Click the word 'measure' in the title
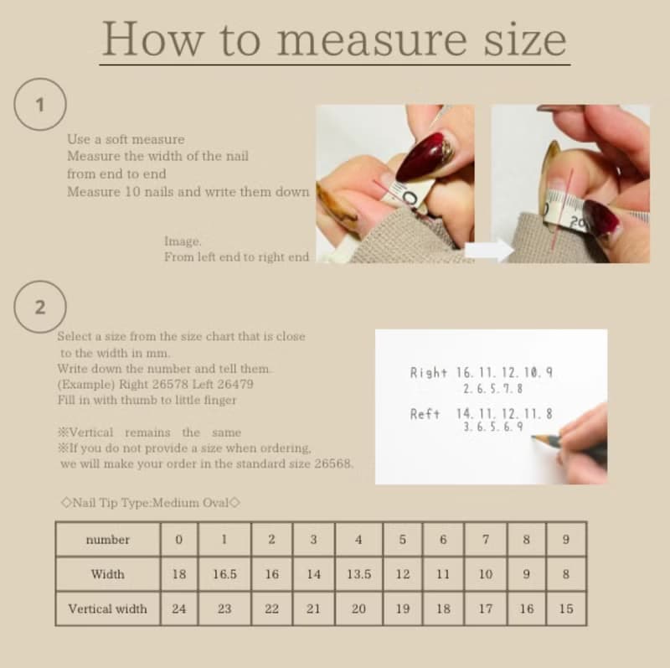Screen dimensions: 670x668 click(372, 40)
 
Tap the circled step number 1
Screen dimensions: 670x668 click(39, 104)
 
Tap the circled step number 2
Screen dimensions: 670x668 click(39, 307)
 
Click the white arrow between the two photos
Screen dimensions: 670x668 click(489, 250)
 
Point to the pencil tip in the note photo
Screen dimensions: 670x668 click(533, 437)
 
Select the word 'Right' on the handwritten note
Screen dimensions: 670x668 click(428, 373)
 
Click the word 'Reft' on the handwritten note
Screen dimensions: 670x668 click(425, 414)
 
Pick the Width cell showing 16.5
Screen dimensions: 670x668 click(224, 574)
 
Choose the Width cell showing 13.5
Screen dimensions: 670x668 click(359, 574)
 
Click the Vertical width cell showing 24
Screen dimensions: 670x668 click(179, 608)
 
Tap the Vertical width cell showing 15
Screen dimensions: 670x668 click(566, 608)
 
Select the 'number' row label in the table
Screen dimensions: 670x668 click(108, 540)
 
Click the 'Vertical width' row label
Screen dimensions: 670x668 click(108, 608)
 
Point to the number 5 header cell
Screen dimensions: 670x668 click(403, 539)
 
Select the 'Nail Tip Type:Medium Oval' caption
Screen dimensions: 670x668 click(151, 503)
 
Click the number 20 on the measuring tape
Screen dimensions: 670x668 click(578, 221)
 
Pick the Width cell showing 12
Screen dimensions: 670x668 click(403, 574)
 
